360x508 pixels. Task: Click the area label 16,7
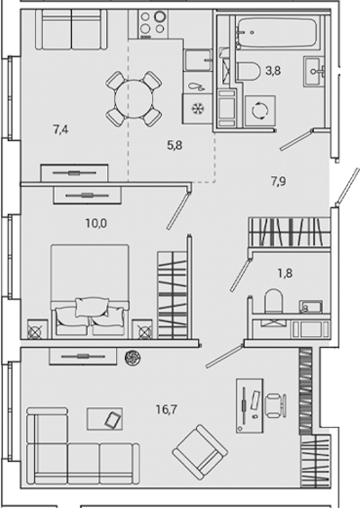[166, 410]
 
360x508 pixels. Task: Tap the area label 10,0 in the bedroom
[96, 223]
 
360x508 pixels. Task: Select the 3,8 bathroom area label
[273, 70]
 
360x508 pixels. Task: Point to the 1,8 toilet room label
[285, 273]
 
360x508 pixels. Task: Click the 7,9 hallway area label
[279, 182]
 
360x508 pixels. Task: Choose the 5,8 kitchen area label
[175, 146]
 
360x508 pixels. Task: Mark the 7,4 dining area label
[60, 129]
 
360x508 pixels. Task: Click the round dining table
[133, 99]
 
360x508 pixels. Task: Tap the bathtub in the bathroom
[276, 32]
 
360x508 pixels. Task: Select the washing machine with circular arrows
[260, 111]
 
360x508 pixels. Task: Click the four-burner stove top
[152, 24]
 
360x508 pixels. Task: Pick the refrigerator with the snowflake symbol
[197, 109]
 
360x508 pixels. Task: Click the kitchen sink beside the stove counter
[198, 60]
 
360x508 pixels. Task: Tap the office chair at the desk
[275, 406]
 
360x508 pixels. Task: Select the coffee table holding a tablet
[104, 419]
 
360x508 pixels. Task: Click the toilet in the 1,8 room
[272, 301]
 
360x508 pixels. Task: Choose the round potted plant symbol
[133, 357]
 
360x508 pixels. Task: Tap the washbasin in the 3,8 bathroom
[314, 71]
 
